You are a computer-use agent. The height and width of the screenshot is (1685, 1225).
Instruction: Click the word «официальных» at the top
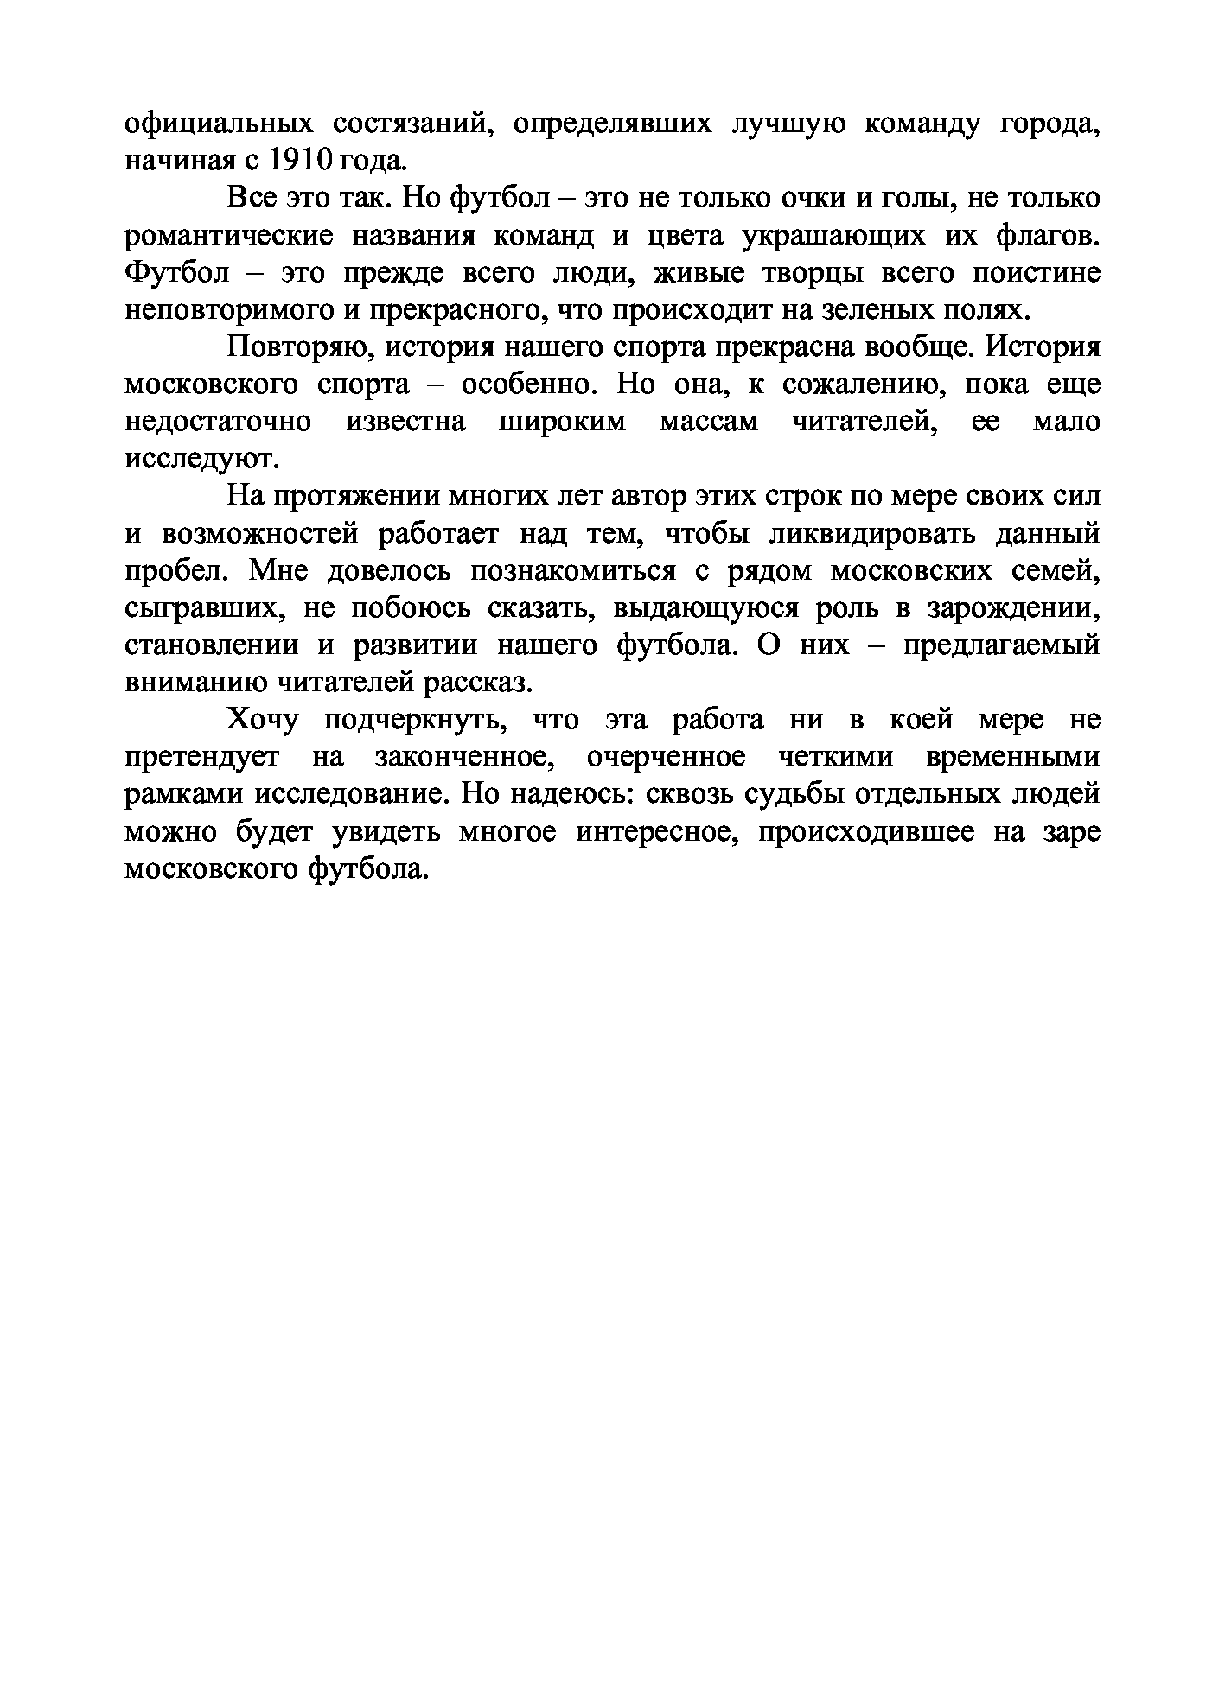pos(219,124)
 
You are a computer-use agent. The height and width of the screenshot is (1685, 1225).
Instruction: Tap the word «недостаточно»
pos(219,423)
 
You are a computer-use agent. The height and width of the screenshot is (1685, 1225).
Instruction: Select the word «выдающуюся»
pos(706,608)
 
